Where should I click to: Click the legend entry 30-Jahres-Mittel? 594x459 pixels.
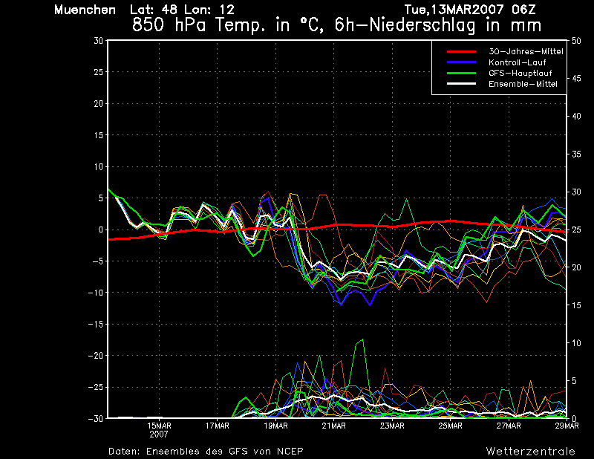point(526,51)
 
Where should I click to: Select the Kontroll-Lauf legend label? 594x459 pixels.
point(517,62)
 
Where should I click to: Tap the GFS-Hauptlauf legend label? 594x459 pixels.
point(520,73)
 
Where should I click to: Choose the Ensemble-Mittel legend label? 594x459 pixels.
point(523,84)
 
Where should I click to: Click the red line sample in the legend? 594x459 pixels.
point(461,51)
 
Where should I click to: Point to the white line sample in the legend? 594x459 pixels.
point(461,84)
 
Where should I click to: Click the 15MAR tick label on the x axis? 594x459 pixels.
point(159,426)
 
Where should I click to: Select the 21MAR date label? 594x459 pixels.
point(333,426)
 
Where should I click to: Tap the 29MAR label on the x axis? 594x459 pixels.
point(567,426)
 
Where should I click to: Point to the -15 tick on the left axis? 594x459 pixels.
point(96,324)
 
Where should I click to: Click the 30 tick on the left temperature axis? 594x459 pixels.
point(99,41)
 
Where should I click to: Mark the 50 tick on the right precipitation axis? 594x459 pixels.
point(576,41)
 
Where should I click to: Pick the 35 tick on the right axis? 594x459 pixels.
point(576,154)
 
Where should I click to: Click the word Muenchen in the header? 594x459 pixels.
point(85,10)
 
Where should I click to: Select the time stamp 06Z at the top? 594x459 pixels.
point(523,10)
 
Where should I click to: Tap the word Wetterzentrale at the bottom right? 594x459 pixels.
point(531,452)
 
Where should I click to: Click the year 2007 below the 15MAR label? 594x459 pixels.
point(159,434)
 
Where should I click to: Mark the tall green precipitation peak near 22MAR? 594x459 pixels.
point(362,339)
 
